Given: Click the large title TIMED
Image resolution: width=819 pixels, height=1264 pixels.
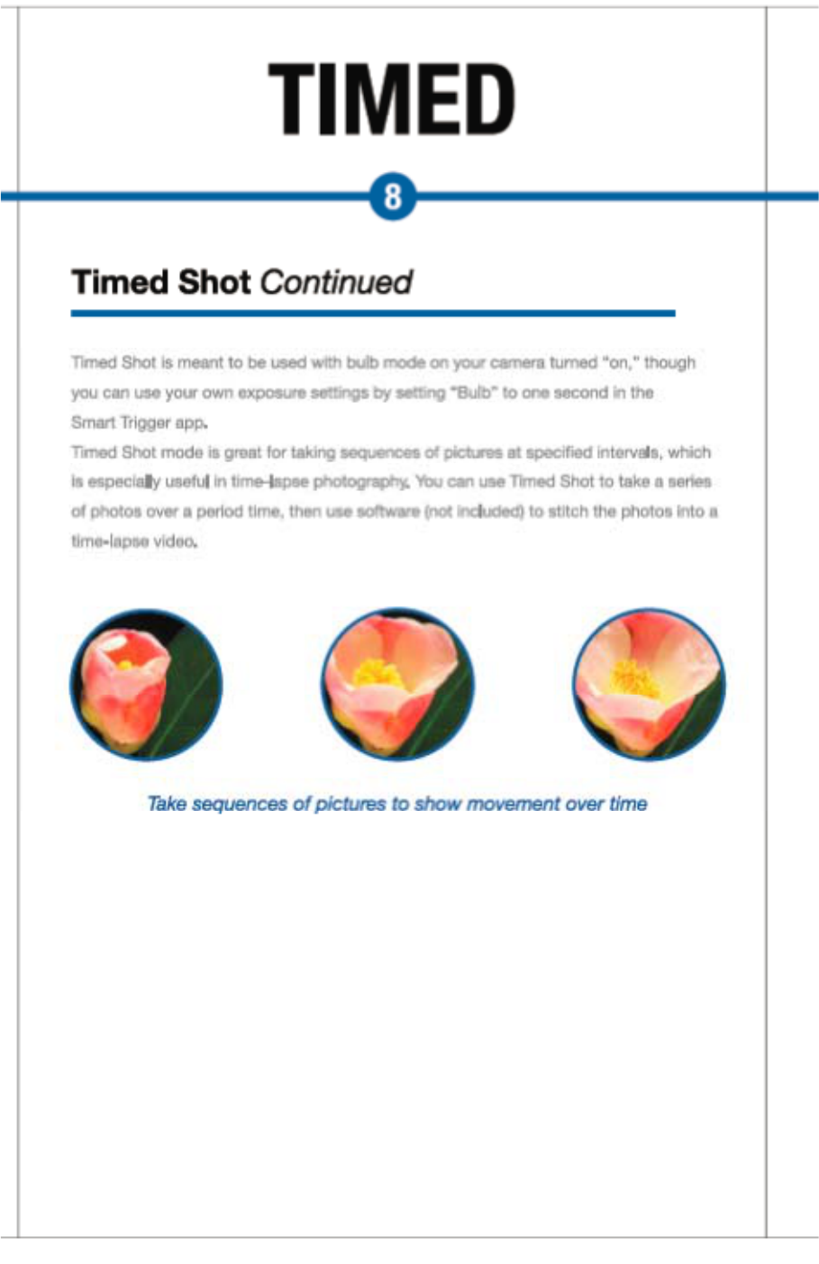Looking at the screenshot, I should [392, 99].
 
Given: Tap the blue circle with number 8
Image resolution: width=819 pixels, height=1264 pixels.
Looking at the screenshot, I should [393, 196].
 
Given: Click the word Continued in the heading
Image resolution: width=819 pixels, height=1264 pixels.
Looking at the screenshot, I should [336, 282].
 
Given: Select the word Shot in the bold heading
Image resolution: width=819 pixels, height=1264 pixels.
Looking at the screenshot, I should [214, 282].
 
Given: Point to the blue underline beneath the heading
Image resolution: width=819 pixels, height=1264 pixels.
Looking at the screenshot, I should [372, 314].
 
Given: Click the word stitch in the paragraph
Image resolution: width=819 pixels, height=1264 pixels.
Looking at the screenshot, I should [568, 512].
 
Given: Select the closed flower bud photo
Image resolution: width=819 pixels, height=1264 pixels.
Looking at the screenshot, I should [146, 685].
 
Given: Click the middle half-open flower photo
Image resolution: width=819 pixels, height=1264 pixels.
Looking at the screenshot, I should [397, 685].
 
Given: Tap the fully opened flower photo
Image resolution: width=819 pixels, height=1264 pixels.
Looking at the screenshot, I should [649, 685].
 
